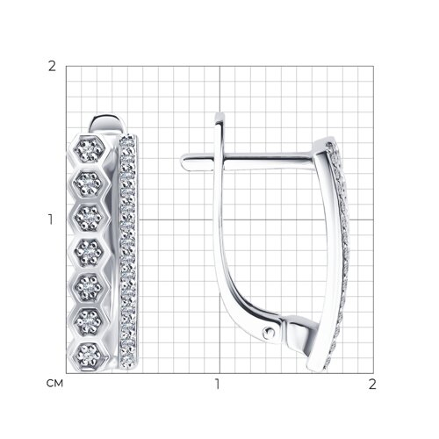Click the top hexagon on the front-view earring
(89, 150)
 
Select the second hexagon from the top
(89, 184)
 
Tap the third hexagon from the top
(89, 218)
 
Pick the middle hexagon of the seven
(89, 252)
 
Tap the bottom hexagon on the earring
(89, 356)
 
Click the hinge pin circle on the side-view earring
(269, 333)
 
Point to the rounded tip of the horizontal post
(184, 162)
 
